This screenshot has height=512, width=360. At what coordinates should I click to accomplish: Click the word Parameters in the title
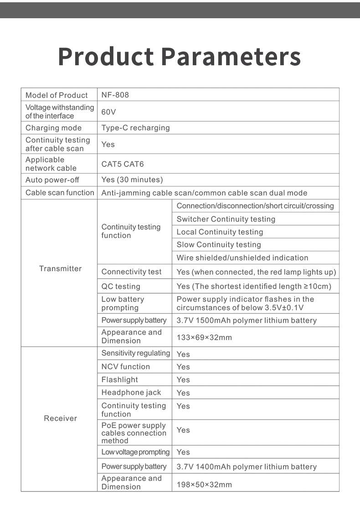tap(231, 57)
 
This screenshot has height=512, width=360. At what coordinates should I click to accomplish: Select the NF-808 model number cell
tap(115, 95)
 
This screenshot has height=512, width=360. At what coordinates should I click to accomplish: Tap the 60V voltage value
tap(108, 112)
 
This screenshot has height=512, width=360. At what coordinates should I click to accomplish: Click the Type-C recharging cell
tap(135, 128)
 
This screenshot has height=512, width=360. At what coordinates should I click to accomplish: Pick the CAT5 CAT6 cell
tap(122, 164)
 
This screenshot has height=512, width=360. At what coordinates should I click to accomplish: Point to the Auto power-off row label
tap(52, 180)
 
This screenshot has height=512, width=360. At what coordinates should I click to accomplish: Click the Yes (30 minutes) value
tap(132, 180)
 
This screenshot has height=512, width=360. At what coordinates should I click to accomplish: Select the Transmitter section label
tap(60, 269)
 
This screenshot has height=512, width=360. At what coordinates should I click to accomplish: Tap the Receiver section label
tap(60, 419)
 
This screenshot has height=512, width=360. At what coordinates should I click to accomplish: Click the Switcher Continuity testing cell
tap(226, 219)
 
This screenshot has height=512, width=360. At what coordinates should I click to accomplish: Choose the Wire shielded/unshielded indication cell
tap(242, 258)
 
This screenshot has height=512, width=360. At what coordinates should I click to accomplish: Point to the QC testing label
tap(121, 286)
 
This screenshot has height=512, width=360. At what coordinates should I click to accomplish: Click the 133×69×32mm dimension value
tap(204, 337)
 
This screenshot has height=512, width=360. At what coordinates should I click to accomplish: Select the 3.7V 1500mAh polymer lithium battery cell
tap(246, 321)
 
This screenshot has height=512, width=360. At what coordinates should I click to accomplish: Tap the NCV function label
tap(125, 367)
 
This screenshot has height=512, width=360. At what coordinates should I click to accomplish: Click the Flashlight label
tap(119, 380)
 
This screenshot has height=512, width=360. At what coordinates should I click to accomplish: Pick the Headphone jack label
tap(131, 393)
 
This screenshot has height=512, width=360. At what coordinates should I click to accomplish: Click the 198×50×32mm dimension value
tap(204, 484)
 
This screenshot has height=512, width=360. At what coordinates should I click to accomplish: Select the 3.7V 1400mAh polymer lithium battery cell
tap(246, 467)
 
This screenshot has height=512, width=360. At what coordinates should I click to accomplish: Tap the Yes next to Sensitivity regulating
tap(183, 354)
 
